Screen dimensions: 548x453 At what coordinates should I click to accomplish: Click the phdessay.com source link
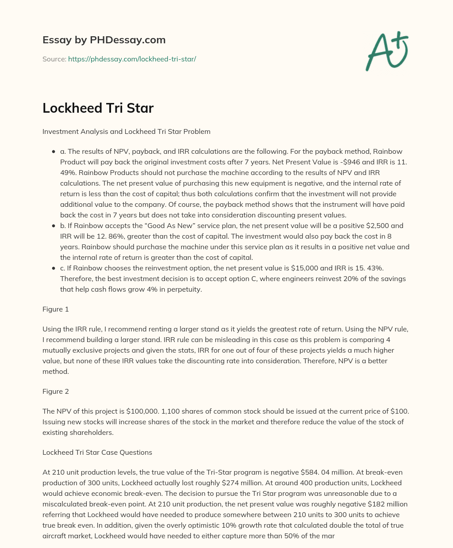pyautogui.click(x=132, y=59)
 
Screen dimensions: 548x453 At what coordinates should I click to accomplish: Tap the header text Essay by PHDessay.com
pyautogui.click(x=104, y=40)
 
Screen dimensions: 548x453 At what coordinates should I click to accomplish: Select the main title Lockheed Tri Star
pyautogui.click(x=98, y=108)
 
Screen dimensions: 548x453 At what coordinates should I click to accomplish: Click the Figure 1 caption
pyautogui.click(x=56, y=309)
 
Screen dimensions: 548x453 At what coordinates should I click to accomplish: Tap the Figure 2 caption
pyautogui.click(x=56, y=392)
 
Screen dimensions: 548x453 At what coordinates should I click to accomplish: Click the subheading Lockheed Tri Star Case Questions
pyautogui.click(x=97, y=453)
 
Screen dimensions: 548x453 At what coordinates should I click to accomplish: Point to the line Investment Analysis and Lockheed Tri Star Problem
pyautogui.click(x=126, y=132)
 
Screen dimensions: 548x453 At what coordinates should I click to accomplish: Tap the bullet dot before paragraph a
pyautogui.click(x=54, y=152)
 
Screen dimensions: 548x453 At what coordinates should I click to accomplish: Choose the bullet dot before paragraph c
pyautogui.click(x=54, y=268)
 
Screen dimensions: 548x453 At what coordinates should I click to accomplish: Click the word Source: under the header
pyautogui.click(x=54, y=59)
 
